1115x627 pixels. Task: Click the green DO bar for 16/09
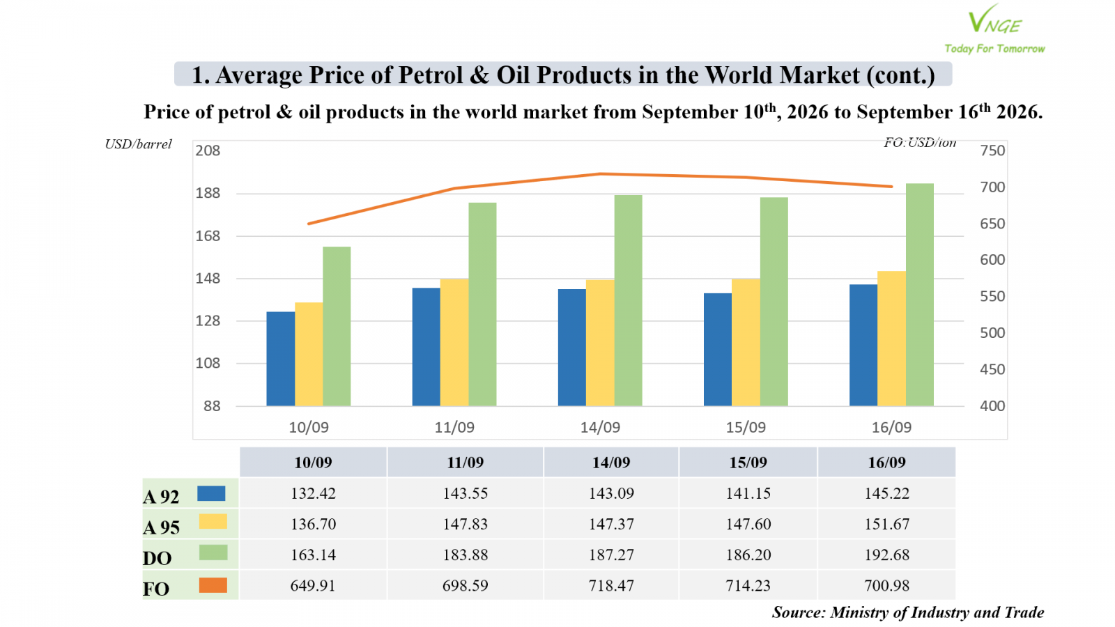[x=919, y=295]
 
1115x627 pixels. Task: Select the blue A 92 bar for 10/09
[x=280, y=359]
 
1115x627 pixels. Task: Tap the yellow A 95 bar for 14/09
[x=600, y=343]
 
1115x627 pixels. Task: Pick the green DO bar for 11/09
[x=482, y=304]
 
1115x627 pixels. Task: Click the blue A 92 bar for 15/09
[x=717, y=349]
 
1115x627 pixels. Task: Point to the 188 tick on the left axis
[x=208, y=193]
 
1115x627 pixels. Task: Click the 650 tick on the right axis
[x=992, y=224]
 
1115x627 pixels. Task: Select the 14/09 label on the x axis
[x=600, y=428]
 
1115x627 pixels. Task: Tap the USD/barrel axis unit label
[x=139, y=144]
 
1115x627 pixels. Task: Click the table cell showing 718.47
[x=611, y=585]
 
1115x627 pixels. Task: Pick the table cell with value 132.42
[x=313, y=493]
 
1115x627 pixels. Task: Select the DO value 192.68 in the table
[x=886, y=555]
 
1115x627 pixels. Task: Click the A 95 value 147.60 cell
[x=748, y=524]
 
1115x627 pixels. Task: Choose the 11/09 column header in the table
[x=465, y=463]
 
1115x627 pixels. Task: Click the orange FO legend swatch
[x=213, y=585]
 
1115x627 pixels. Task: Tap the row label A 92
[x=161, y=497]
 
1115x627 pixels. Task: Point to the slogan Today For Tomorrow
[x=994, y=49]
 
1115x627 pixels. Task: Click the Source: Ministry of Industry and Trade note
[x=908, y=612]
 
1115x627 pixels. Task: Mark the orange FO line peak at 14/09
[x=600, y=173]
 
